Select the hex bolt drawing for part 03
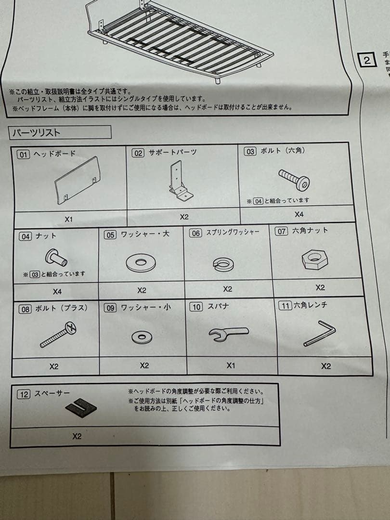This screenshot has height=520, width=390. click(294, 180)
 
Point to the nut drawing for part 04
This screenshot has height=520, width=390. click(56, 258)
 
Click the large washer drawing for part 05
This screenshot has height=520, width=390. click(141, 262)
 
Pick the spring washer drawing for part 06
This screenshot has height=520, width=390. click(223, 264)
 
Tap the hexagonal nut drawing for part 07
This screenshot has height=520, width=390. click(314, 260)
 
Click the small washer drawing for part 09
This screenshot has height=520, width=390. click(142, 337)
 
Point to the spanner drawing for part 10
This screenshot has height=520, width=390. click(228, 334)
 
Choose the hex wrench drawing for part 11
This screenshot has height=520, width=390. click(320, 333)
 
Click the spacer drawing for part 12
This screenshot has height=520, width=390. click(81, 408)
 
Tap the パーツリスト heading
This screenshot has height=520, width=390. click(37, 132)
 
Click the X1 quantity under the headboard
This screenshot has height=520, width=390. click(68, 219)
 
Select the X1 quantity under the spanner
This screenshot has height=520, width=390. click(231, 366)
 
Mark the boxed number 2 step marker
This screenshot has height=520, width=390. click(367, 60)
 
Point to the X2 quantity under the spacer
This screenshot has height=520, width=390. click(77, 436)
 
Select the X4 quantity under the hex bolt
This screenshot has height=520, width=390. click(299, 214)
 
